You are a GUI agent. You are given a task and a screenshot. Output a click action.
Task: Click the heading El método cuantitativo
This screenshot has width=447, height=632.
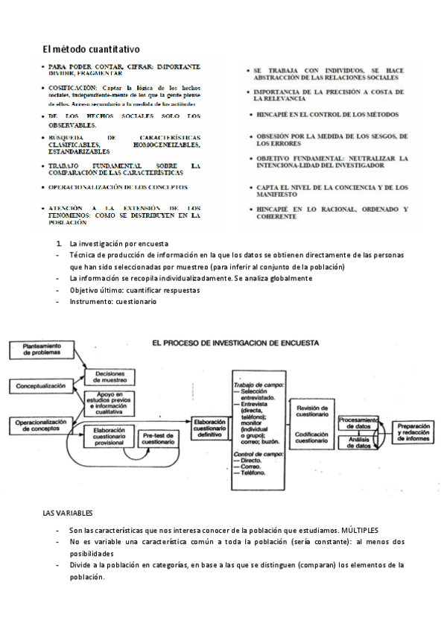point(91,49)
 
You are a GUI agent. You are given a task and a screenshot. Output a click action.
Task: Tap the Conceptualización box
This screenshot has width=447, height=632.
point(42,386)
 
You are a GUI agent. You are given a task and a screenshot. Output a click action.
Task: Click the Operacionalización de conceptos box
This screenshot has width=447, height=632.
point(42,426)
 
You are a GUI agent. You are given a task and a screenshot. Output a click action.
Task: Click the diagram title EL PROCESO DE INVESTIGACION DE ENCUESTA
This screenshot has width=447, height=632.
point(235,344)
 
